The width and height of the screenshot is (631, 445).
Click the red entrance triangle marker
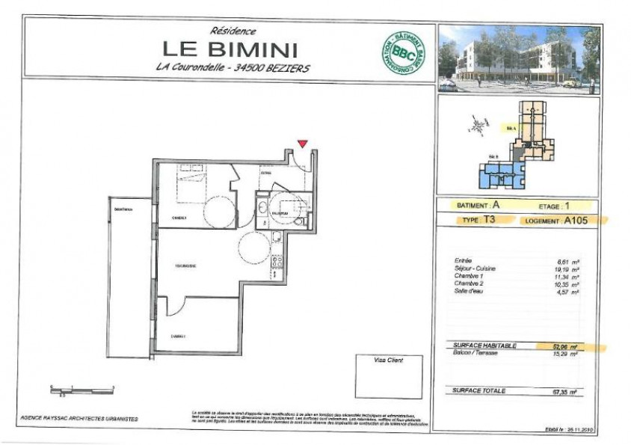point(302,144)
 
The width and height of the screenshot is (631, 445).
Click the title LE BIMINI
point(231,50)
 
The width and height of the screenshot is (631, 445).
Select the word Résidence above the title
point(233,31)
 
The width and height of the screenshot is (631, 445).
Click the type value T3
point(490,221)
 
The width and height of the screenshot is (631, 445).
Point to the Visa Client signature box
point(388,377)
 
